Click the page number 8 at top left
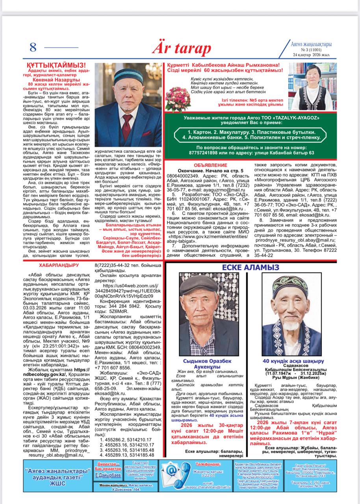[x=33, y=47]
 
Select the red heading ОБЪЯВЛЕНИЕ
[x=211, y=165]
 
